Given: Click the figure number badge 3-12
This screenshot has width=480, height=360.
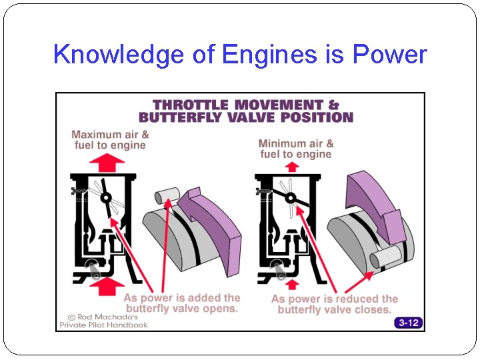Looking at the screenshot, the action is pos(408,323).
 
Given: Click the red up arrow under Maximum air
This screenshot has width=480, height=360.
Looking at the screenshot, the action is pos(107,162).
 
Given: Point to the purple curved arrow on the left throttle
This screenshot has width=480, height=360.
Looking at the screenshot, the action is pos(210,220).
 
